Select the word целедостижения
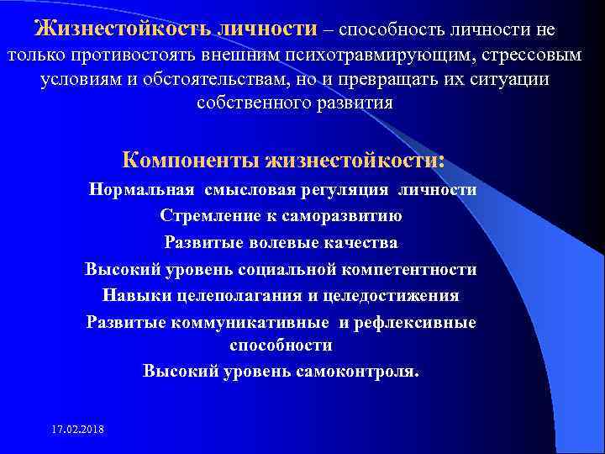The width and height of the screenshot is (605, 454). click(x=394, y=296)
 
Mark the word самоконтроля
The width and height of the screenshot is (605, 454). click(x=357, y=371)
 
